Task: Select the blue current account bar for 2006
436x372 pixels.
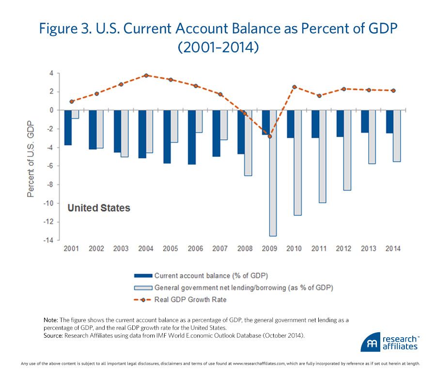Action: pyautogui.click(x=192, y=137)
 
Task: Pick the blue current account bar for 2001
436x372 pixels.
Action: pyautogui.click(x=68, y=127)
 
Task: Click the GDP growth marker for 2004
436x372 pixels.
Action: pyautogui.click(x=146, y=76)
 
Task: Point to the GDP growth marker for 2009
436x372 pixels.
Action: pyautogui.click(x=270, y=136)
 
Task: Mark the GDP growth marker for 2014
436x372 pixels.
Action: pyautogui.click(x=393, y=91)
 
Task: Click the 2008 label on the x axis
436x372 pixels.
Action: pyautogui.click(x=245, y=248)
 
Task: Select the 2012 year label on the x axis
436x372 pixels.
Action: pyautogui.click(x=343, y=248)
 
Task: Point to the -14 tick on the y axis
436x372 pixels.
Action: pyautogui.click(x=49, y=240)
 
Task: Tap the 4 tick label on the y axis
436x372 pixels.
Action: pyautogui.click(x=51, y=73)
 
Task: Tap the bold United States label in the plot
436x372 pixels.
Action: pyautogui.click(x=98, y=208)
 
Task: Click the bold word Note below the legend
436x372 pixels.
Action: pyautogui.click(x=50, y=320)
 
